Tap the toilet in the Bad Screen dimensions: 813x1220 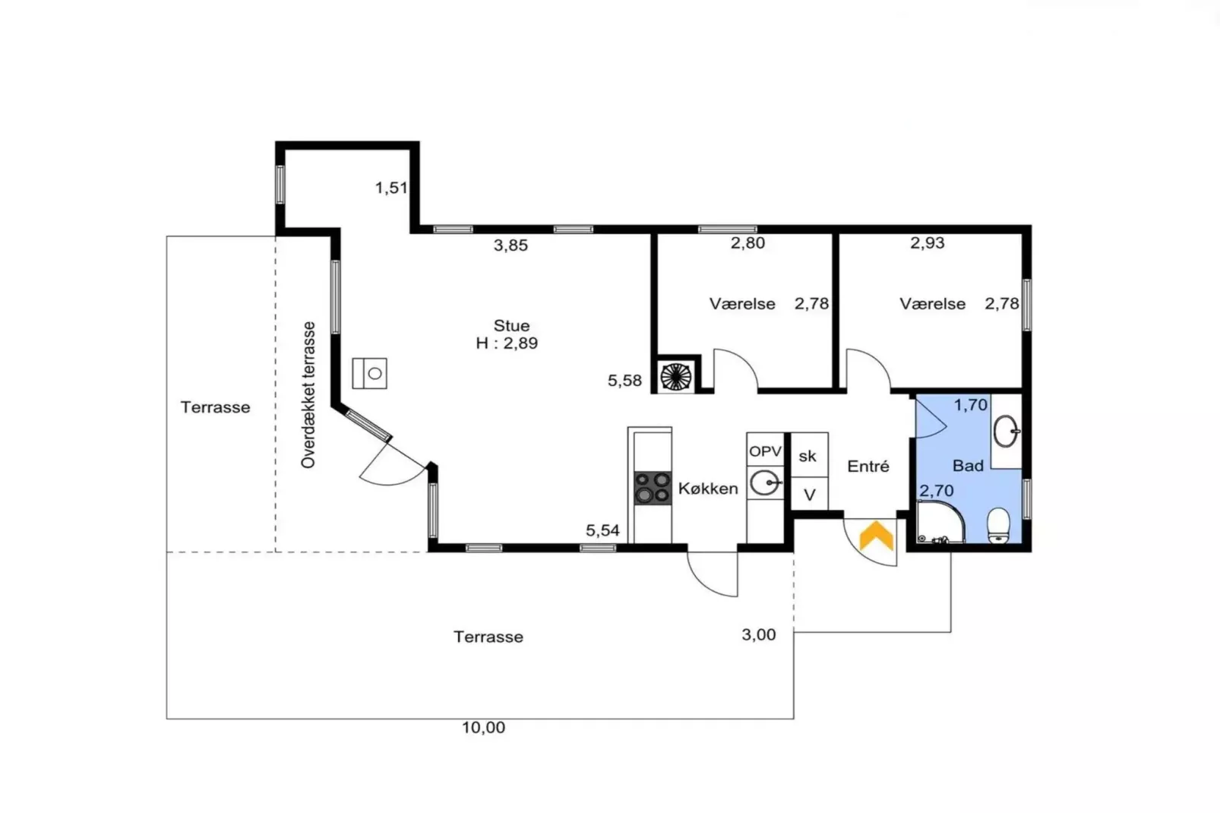click(x=999, y=525)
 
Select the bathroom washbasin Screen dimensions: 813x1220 click(x=1007, y=432)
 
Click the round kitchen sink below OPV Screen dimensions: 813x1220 click(x=764, y=482)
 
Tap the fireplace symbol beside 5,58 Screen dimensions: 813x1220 click(x=675, y=375)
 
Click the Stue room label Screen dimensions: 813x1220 click(x=511, y=326)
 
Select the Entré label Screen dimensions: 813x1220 click(x=868, y=467)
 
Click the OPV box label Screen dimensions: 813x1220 click(x=765, y=451)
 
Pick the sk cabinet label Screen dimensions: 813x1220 click(x=808, y=456)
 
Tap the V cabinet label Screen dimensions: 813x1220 click(x=810, y=495)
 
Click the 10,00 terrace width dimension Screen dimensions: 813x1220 click(x=483, y=727)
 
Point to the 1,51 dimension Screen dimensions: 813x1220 click(x=391, y=188)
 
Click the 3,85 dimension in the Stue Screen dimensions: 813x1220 click(x=510, y=245)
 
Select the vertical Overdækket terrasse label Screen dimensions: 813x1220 click(x=308, y=394)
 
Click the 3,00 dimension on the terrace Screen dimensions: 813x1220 click(x=758, y=634)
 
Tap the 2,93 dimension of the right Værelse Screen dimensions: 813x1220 click(x=927, y=243)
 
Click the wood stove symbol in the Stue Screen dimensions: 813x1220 click(x=370, y=373)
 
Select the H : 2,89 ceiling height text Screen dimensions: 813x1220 click(x=507, y=343)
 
